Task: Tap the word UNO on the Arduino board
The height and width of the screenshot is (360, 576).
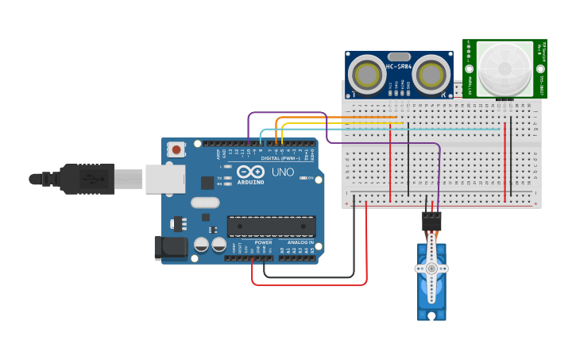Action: click(283, 172)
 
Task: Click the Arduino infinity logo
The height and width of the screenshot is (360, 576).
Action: click(250, 172)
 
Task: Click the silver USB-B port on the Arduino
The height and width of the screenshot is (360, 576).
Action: click(165, 179)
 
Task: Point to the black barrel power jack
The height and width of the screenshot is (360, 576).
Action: click(171, 248)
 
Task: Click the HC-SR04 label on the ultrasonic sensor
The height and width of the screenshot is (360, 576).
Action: click(398, 66)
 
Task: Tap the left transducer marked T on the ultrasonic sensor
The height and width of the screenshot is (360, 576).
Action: click(368, 75)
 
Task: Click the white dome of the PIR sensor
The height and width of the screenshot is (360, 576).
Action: click(504, 69)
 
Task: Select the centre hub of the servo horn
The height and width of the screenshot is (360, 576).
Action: click(431, 269)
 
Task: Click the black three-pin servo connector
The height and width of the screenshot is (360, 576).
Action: click(431, 221)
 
